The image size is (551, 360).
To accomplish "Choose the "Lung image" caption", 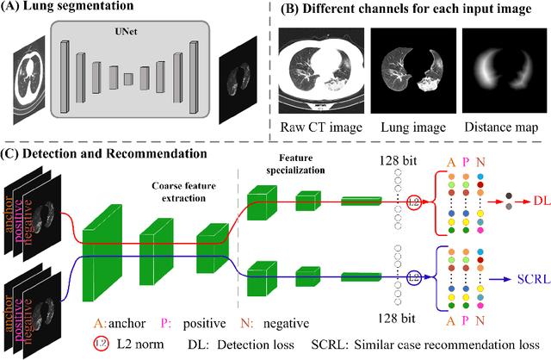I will [408, 128].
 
